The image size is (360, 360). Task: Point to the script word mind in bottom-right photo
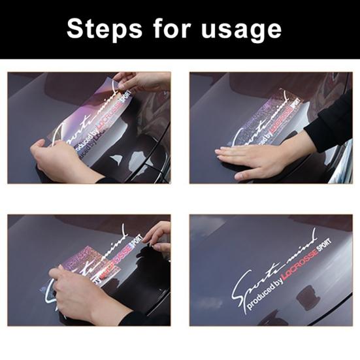(297, 245)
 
